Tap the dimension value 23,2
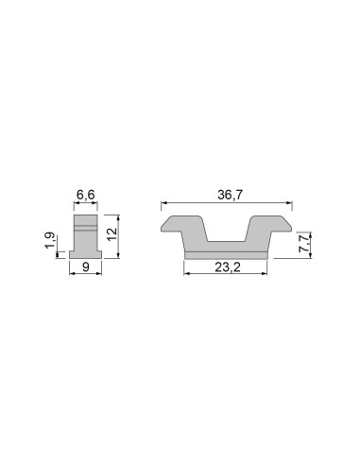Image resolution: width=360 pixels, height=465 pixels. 227,267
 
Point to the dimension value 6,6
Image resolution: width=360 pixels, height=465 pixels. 85,195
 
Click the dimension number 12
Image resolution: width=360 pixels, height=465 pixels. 111,233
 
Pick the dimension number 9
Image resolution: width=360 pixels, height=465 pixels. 85,267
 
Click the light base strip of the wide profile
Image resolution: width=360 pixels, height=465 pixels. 227,253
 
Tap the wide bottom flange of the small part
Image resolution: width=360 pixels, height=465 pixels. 85,252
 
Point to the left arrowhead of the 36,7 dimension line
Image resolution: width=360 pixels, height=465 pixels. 163,203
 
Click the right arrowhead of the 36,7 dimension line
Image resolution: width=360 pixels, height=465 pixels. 289,203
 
